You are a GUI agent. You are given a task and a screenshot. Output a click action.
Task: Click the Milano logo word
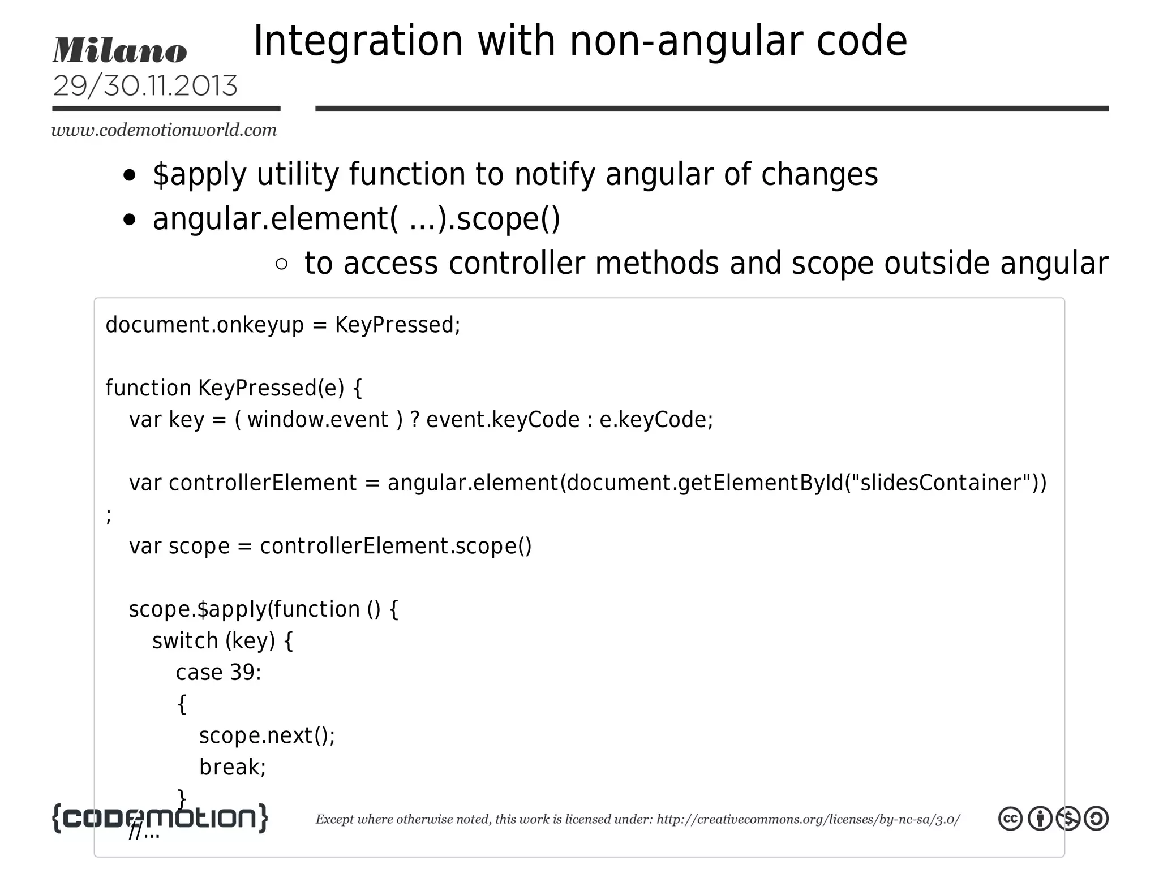click(x=119, y=51)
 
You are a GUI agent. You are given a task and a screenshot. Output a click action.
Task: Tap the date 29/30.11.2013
click(x=145, y=86)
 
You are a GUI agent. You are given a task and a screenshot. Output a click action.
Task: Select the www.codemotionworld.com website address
click(x=164, y=130)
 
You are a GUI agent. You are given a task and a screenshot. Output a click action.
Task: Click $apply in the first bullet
click(x=199, y=174)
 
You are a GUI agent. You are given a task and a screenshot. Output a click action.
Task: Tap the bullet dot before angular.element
click(x=130, y=220)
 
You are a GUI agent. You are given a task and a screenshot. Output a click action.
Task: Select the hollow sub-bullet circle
click(x=281, y=264)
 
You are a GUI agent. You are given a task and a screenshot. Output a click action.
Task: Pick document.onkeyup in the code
click(x=204, y=325)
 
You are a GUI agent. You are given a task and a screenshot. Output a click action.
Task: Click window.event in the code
click(x=317, y=420)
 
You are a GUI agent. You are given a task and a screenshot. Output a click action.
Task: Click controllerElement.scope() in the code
click(x=396, y=547)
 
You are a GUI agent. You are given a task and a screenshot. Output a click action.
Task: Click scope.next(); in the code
click(x=267, y=736)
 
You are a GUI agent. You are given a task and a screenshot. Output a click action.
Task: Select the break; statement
click(x=233, y=768)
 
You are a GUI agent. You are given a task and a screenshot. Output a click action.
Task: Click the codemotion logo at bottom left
click(x=160, y=818)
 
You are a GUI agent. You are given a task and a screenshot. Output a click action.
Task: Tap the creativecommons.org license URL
click(x=808, y=820)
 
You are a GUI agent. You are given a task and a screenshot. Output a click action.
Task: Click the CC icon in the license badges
click(x=1010, y=819)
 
